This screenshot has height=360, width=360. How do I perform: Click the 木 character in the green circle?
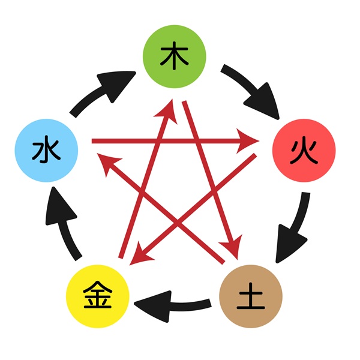tap(174, 56)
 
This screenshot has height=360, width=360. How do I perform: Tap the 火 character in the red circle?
tap(304, 151)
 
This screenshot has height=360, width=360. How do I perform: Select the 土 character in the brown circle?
tap(251, 296)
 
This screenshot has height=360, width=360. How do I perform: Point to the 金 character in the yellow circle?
tap(98, 295)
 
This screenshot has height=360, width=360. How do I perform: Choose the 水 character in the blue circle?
tap(46, 149)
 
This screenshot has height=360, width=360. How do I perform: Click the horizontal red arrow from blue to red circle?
tap(175, 141)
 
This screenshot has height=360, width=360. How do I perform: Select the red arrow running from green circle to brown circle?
tap(212, 180)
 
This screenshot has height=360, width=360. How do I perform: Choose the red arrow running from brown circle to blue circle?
tap(161, 208)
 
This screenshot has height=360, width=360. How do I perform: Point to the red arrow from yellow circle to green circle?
tap(148, 179)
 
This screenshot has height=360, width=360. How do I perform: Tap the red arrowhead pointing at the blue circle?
tap(107, 163)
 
